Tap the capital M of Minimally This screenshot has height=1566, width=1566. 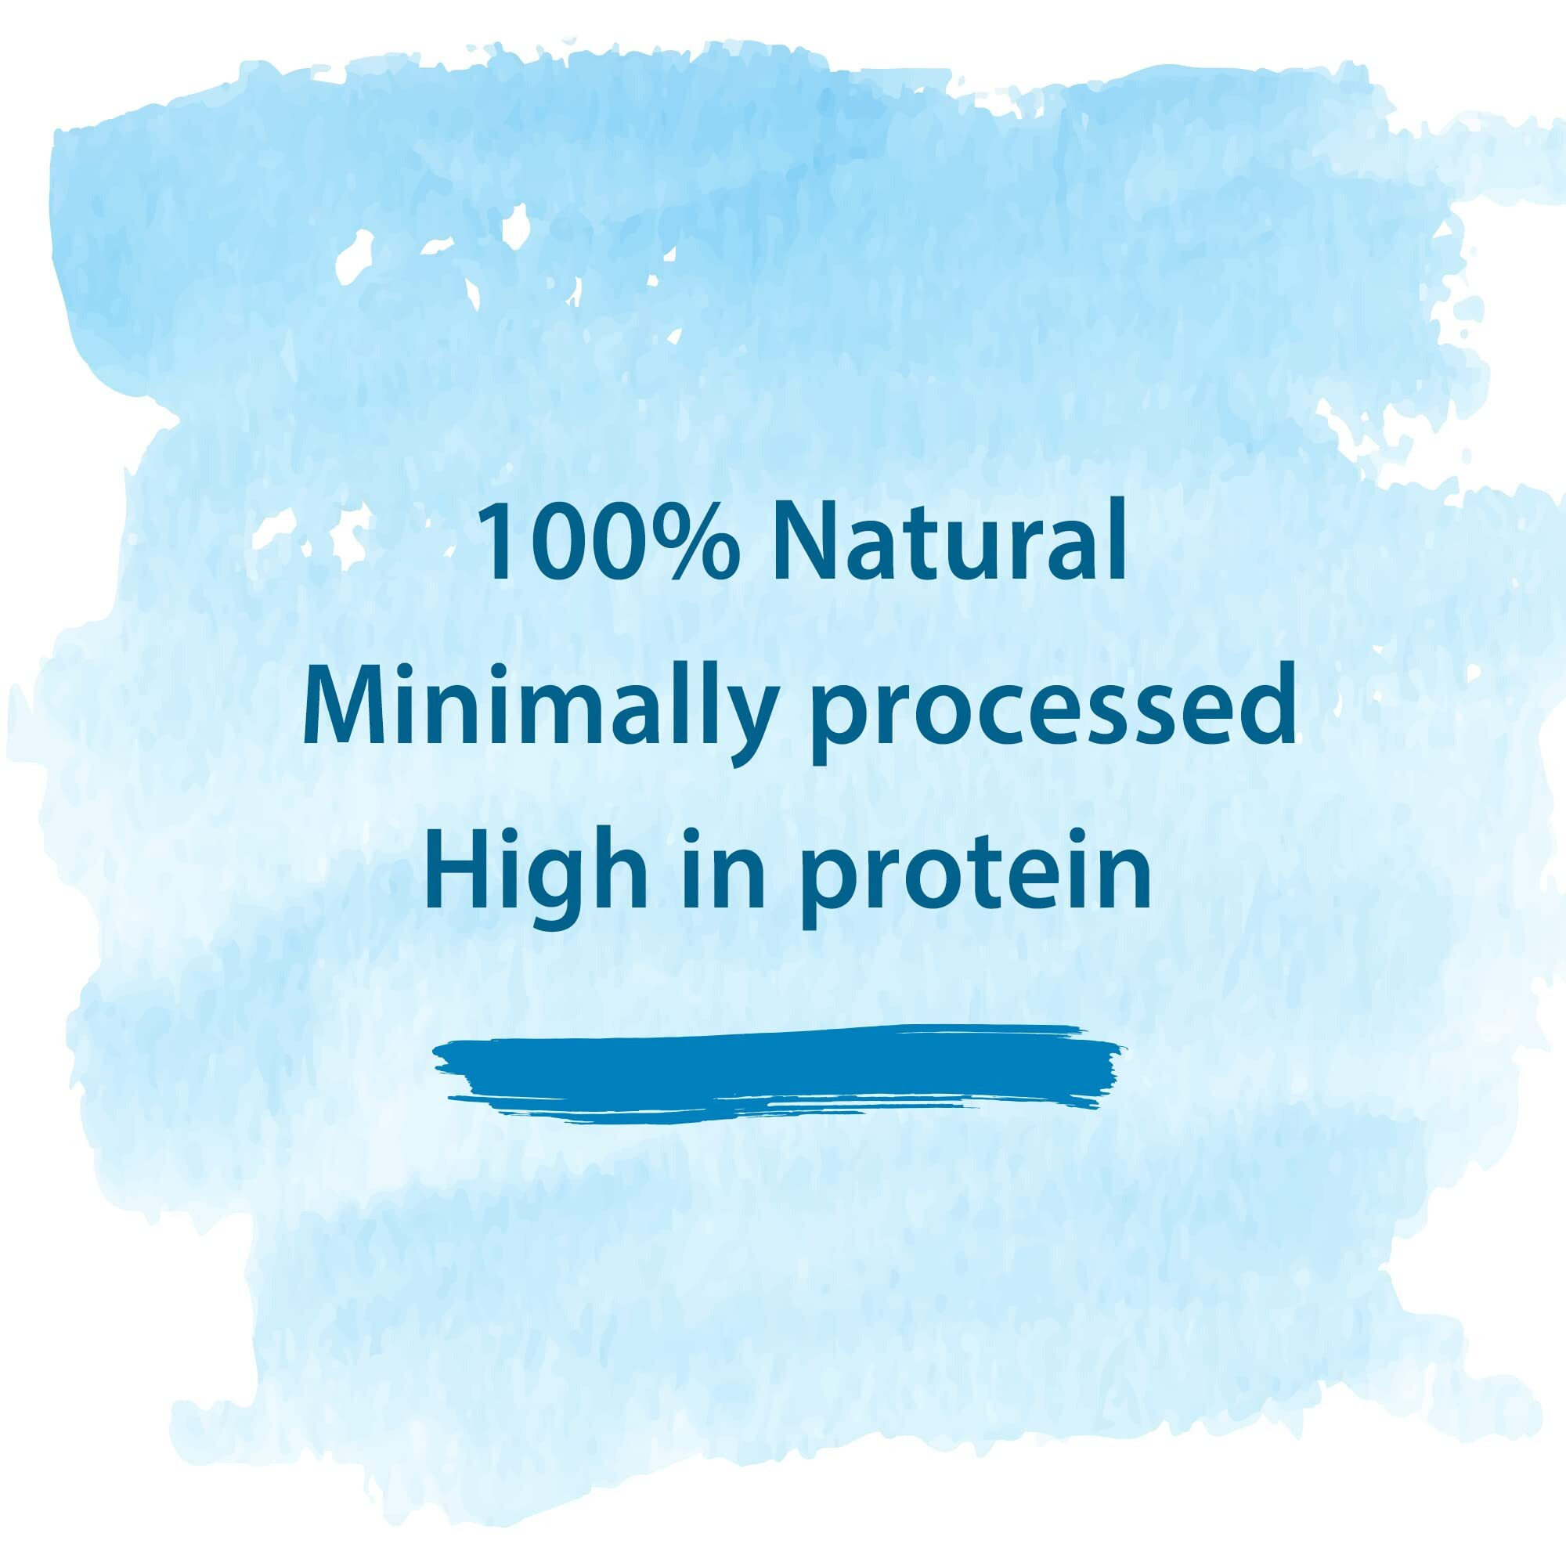pyautogui.click(x=351, y=705)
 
